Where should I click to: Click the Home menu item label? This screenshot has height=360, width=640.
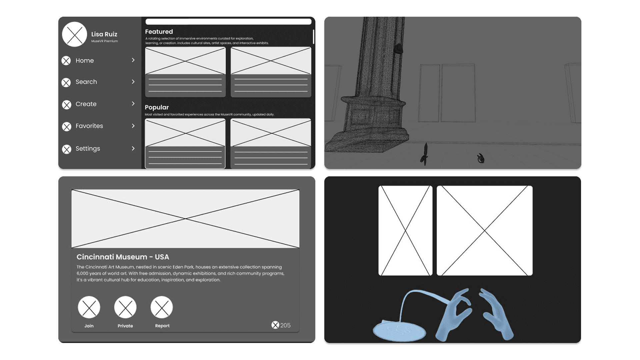[x=85, y=60]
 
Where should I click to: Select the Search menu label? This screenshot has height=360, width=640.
[x=86, y=82]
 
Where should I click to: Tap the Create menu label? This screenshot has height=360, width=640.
[x=86, y=104]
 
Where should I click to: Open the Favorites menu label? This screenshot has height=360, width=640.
[x=89, y=126]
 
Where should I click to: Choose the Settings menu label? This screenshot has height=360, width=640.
[x=88, y=149]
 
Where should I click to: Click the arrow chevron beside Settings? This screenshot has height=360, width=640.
[x=133, y=148]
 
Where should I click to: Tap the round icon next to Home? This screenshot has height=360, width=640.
[x=66, y=61]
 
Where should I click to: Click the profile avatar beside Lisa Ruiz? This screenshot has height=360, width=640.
[x=75, y=34]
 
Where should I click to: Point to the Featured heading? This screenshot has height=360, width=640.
[x=159, y=32]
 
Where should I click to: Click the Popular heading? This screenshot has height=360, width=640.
[x=157, y=107]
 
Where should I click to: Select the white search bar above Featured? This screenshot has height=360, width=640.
[x=228, y=22]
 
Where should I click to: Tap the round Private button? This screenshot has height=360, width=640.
[x=125, y=307]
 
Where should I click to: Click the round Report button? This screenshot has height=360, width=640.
[x=162, y=307]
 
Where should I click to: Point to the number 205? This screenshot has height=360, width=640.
[x=285, y=325]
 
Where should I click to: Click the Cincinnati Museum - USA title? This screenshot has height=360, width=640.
[x=123, y=257]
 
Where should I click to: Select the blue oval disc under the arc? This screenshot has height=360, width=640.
[x=399, y=331]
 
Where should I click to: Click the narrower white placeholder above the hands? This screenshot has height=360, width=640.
[x=405, y=231]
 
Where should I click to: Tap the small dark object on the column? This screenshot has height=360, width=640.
[x=398, y=49]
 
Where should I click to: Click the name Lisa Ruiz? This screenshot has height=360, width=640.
[x=104, y=34]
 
